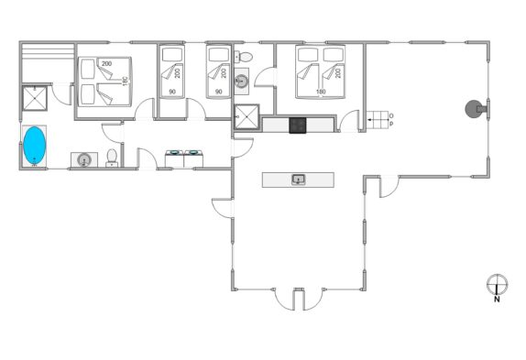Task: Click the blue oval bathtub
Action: pos(34,146)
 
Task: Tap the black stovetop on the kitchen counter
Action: pos(298,125)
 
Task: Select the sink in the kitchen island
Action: pos(298,180)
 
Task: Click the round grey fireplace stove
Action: pos(473,109)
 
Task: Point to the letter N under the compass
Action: pos(497,300)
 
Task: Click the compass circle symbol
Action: pos(497,284)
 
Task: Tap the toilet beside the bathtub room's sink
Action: pos(112,158)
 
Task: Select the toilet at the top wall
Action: pos(243,57)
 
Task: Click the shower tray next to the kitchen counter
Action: pos(247,116)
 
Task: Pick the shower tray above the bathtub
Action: pos(35,98)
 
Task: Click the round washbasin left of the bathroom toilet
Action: pos(83,159)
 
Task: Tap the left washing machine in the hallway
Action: pos(174,158)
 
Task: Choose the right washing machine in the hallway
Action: pos(193,158)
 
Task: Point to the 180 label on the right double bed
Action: pos(321,92)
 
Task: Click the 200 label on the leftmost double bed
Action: pos(106,63)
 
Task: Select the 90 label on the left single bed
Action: pos(172,92)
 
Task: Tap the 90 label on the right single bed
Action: pos(219,92)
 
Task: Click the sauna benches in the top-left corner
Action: pos(48,51)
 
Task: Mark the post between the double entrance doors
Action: pos(298,299)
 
